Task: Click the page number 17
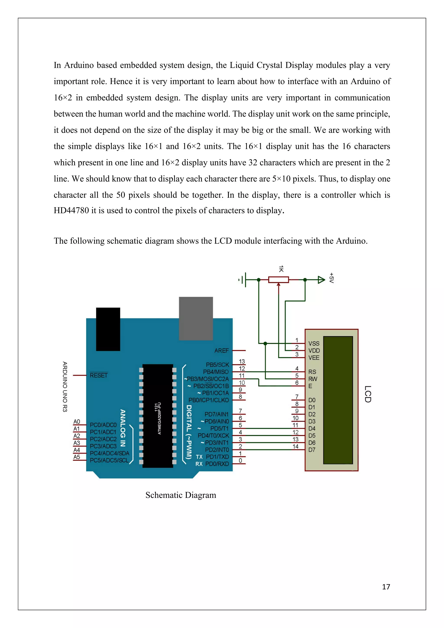pos(386,587)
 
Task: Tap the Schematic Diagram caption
pos(181,495)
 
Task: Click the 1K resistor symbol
pos(278,280)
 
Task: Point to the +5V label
pos(331,278)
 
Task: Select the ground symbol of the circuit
pos(243,280)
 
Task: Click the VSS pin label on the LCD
pos(314,343)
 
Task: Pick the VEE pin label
pos(314,358)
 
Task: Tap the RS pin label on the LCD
pos(312,372)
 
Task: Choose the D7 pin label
pos(312,450)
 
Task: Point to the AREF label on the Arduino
pos(221,351)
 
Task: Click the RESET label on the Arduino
pos(99,376)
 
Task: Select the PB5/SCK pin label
pos(217,365)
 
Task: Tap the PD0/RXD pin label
pos(217,464)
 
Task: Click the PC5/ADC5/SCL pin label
pos(109,460)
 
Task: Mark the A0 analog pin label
pos(77,422)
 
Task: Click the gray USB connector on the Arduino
pos(196,318)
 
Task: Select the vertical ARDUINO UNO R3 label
pos(65,387)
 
